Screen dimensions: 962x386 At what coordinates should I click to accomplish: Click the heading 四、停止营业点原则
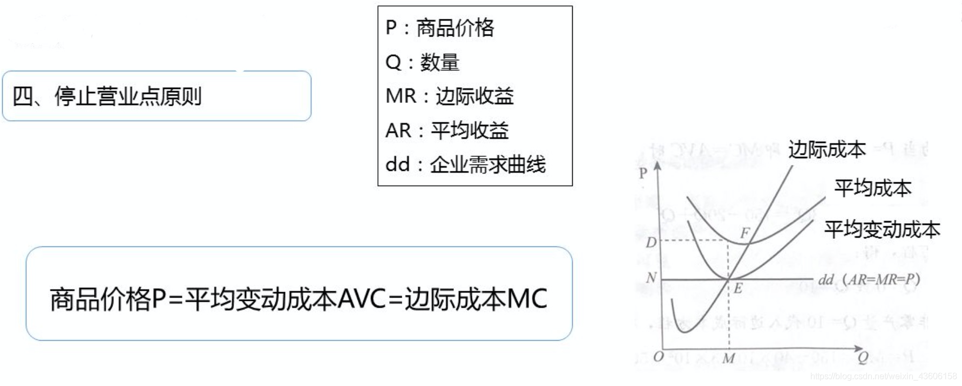tap(107, 96)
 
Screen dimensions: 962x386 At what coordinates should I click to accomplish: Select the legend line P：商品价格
tap(440, 27)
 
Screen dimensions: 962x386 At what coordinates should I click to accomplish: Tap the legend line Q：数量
tap(422, 63)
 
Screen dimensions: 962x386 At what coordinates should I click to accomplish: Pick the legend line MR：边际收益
tap(449, 96)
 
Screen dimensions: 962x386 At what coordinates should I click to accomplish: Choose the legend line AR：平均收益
tap(447, 130)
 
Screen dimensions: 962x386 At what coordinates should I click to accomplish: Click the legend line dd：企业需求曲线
tap(465, 164)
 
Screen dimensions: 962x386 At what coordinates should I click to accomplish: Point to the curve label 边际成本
tap(826, 149)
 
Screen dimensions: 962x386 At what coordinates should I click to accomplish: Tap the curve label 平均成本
tap(872, 188)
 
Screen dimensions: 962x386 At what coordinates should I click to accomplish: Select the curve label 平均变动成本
tap(882, 230)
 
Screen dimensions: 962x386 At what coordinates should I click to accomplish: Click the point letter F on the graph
tap(745, 233)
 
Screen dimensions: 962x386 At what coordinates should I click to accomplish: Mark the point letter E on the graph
tap(737, 288)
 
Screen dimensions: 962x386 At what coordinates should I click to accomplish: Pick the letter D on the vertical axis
tap(651, 243)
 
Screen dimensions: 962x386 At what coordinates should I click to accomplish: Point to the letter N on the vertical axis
tap(651, 278)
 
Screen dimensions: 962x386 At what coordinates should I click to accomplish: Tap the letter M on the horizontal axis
tap(729, 358)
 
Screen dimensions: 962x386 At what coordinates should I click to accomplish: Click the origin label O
tap(658, 357)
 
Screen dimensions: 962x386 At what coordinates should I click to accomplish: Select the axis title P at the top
tap(642, 174)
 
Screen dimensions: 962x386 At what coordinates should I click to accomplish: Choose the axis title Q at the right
tap(863, 357)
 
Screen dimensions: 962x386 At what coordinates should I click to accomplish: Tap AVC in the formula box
tap(362, 299)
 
